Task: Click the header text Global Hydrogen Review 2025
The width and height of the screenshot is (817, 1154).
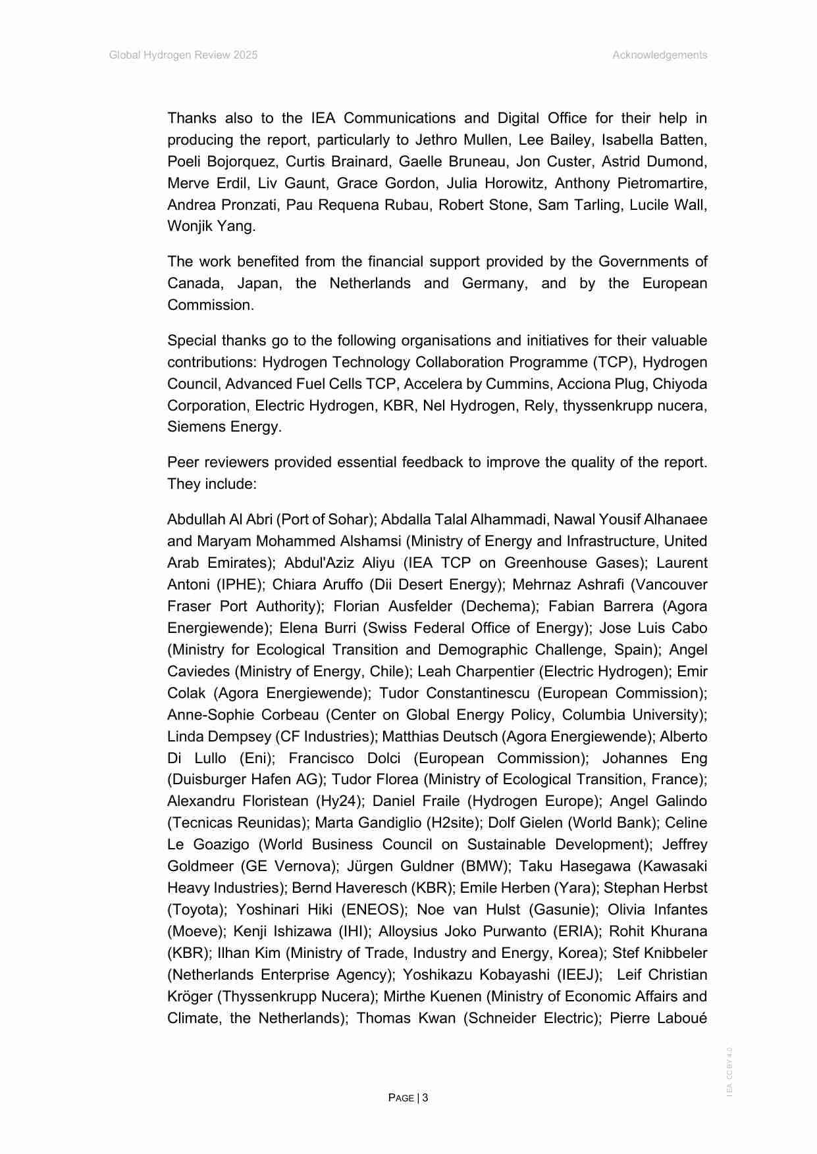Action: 183,55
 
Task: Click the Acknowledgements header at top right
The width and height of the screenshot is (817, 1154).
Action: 659,55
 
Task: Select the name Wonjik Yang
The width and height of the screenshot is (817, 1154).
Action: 211,226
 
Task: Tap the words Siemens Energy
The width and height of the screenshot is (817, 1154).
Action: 224,427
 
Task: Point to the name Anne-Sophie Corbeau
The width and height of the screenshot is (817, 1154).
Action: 242,715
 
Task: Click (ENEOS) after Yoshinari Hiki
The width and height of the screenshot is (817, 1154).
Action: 373,910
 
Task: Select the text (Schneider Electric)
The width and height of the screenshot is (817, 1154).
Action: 532,1018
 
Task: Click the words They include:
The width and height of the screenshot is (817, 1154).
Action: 211,484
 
